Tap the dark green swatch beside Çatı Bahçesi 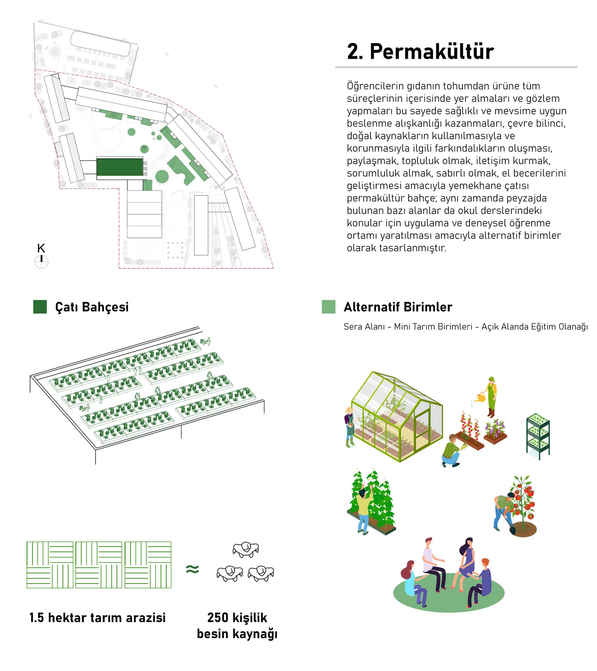[x=40, y=307]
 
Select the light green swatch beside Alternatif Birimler [x=329, y=307]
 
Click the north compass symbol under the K [x=41, y=262]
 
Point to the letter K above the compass [x=41, y=248]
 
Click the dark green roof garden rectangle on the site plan [x=120, y=167]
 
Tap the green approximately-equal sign [x=192, y=569]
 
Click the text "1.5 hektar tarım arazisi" [x=98, y=618]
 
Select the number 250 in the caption [x=218, y=618]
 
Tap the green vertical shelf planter [x=538, y=435]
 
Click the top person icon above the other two [x=245, y=549]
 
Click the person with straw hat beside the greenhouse [x=350, y=427]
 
